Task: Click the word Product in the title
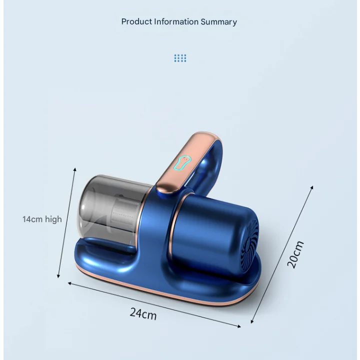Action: tap(136, 21)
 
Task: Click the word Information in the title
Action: tap(176, 21)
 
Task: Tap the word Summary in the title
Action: tap(219, 22)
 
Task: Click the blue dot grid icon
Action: tap(180, 58)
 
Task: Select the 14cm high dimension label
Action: tap(42, 219)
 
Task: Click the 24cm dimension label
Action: tap(143, 313)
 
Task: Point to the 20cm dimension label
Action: tap(295, 254)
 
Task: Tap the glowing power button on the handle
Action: tap(182, 163)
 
